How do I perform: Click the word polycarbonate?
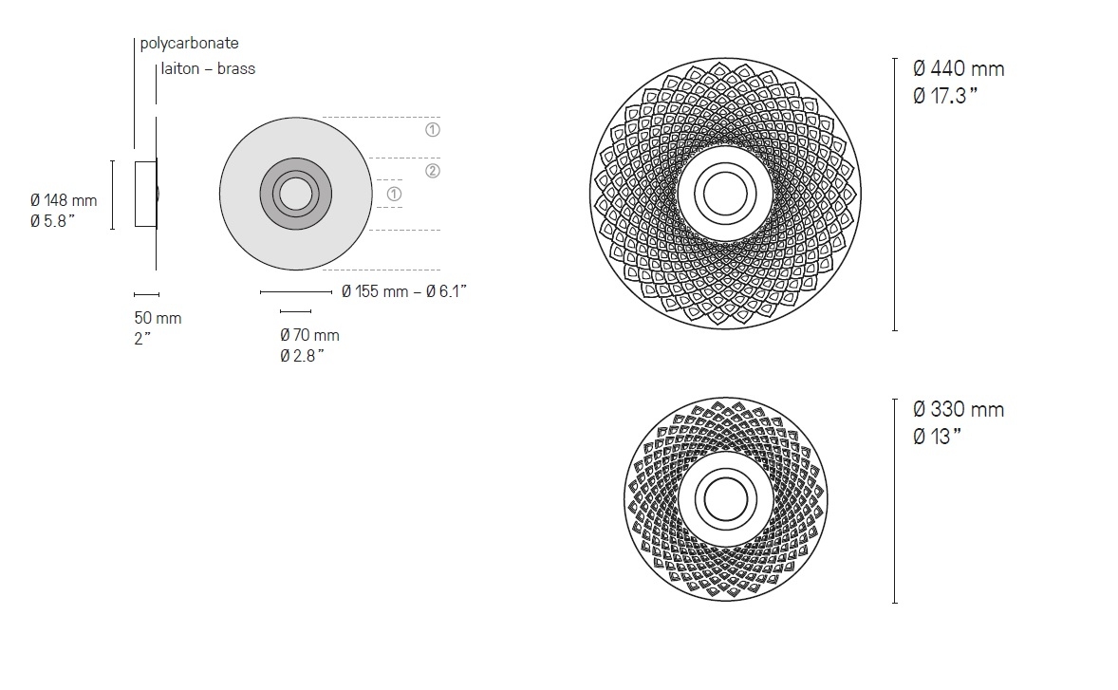pyautogui.click(x=189, y=44)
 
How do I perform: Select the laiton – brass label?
pyautogui.click(x=208, y=69)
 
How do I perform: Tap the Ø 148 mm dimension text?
pyautogui.click(x=64, y=201)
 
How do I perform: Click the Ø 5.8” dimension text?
pyautogui.click(x=53, y=222)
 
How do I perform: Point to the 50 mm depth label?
pyautogui.click(x=158, y=318)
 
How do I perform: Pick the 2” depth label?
pyautogui.click(x=142, y=339)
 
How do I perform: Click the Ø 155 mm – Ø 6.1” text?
pyautogui.click(x=404, y=291)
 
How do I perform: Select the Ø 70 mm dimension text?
pyautogui.click(x=310, y=335)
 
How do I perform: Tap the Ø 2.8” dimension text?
pyautogui.click(x=303, y=356)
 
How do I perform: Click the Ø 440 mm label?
pyautogui.click(x=959, y=69)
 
